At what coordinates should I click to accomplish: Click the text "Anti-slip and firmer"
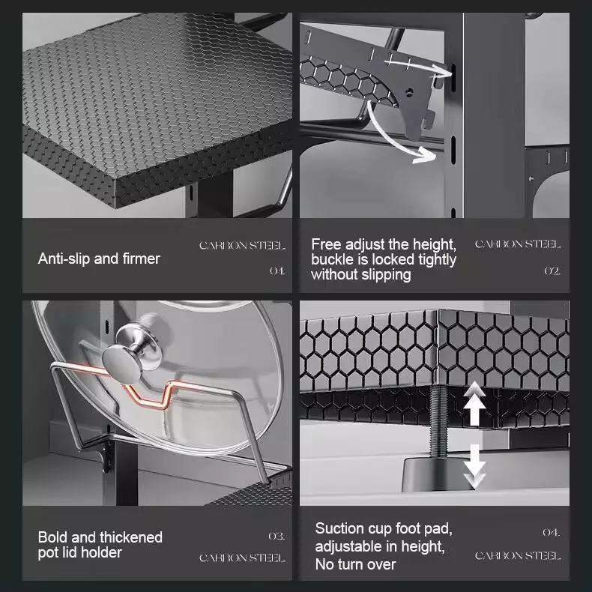tap(99, 259)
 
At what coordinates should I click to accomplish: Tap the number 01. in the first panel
tap(277, 271)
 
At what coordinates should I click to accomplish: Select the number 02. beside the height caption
tap(552, 271)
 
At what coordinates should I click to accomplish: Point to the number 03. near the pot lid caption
tap(277, 536)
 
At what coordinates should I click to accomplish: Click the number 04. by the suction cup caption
tap(552, 533)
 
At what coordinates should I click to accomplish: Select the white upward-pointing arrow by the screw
tap(474, 403)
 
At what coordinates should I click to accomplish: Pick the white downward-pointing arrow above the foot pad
tap(474, 467)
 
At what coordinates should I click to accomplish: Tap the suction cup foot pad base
tap(438, 474)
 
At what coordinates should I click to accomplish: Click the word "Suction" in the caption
tap(339, 528)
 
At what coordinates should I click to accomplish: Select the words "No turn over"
tap(355, 564)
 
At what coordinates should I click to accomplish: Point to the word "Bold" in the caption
tap(53, 537)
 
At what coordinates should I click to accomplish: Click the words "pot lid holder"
tap(79, 553)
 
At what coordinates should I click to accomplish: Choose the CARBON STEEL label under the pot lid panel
tap(242, 558)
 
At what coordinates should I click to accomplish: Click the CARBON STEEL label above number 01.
tap(242, 245)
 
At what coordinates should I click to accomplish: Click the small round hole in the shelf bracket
tap(409, 91)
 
